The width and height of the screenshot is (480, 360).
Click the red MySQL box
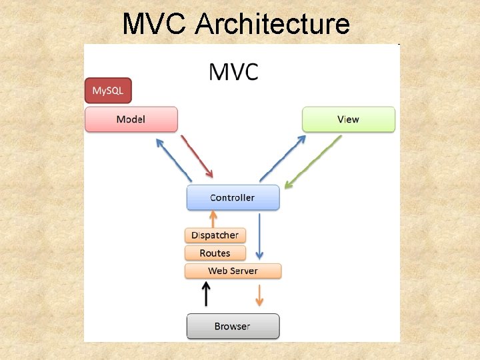108,90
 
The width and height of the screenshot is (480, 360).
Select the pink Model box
131,119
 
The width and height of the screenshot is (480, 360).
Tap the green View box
348,119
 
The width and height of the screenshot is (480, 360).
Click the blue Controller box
233,197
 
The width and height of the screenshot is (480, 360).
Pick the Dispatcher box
215,235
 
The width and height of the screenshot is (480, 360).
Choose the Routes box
215,253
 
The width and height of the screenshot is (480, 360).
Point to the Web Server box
233,271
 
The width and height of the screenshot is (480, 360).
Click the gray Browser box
232,326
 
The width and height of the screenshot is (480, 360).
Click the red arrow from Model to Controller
197,156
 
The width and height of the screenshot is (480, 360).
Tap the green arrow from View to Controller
312,162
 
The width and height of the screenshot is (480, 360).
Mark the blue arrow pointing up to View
283,158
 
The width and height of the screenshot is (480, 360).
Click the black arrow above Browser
207,293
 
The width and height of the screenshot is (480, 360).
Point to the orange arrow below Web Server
259,294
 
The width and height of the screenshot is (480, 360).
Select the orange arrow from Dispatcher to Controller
214,219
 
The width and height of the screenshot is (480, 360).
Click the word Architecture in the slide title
273,24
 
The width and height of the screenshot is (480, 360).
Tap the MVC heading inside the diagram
233,71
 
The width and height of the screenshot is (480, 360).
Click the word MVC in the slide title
155,24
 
